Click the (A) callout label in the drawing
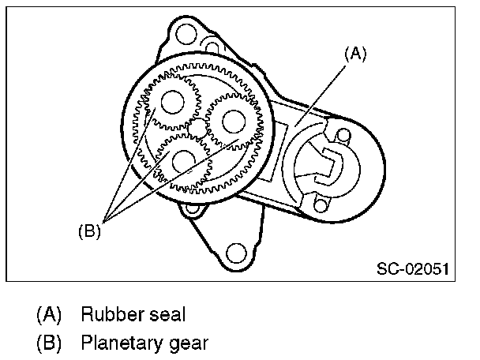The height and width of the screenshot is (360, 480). (x=355, y=54)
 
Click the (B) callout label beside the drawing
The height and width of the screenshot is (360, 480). (x=88, y=232)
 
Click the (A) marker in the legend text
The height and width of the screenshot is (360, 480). (x=49, y=315)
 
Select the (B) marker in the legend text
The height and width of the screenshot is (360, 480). (x=49, y=343)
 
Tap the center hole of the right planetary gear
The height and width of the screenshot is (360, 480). (x=232, y=120)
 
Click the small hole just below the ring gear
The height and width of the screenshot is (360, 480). (x=189, y=209)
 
